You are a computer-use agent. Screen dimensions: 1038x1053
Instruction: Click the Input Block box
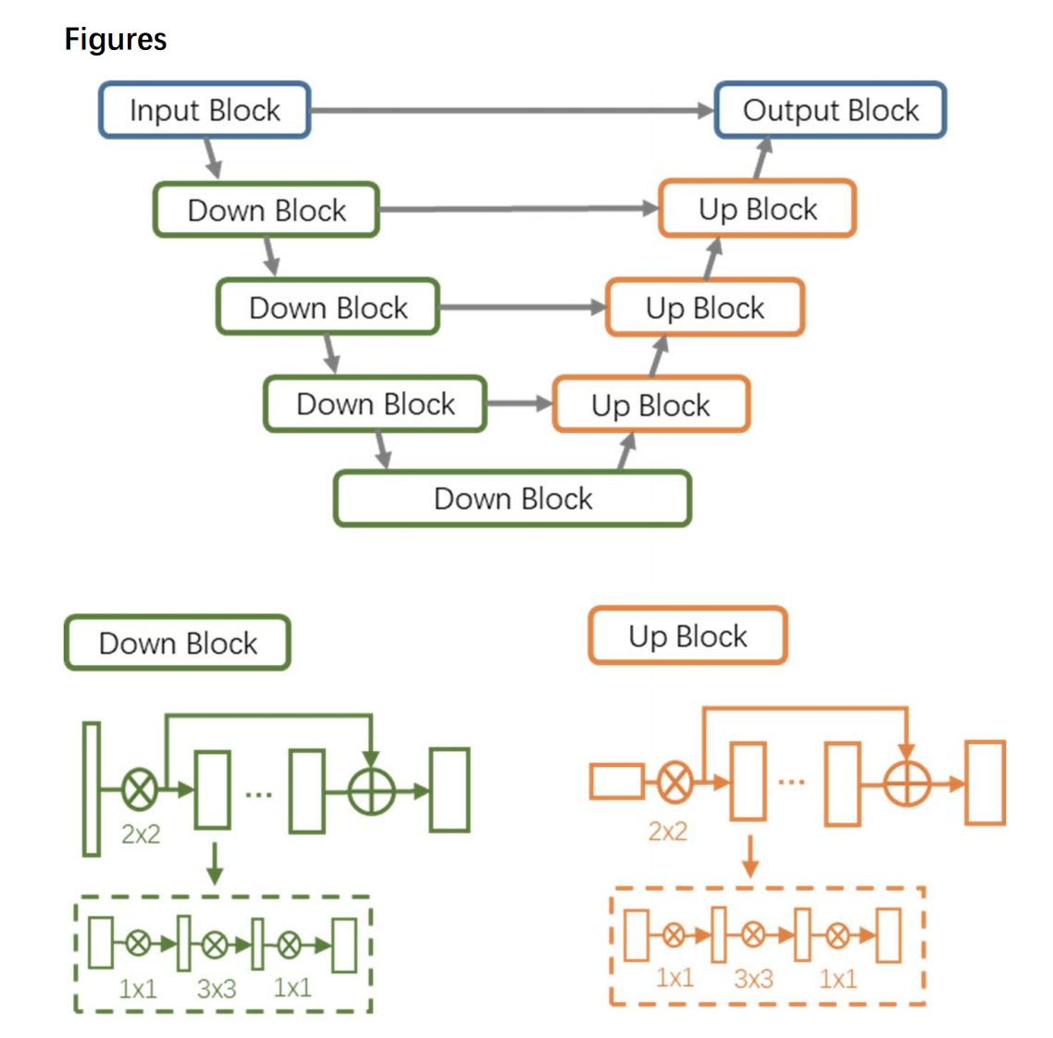coord(204,110)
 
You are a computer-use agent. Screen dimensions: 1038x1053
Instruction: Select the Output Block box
coord(830,110)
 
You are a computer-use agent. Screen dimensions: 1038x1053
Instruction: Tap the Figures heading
coord(116,39)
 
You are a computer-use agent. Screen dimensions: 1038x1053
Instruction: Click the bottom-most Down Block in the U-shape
coord(513,499)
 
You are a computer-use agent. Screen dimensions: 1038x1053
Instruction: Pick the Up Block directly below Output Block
coord(757,209)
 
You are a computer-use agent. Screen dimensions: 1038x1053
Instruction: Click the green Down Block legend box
coord(178,643)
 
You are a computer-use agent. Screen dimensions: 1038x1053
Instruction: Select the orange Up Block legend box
coord(688,636)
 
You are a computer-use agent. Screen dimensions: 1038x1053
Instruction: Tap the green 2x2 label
coord(141,834)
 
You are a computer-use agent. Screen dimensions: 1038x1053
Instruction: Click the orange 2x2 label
coord(667,831)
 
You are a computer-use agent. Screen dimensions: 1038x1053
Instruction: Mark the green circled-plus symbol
coord(371,791)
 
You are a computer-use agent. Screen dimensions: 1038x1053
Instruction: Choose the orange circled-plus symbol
coord(907,784)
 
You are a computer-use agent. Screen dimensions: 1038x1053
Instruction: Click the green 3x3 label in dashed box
coord(217,989)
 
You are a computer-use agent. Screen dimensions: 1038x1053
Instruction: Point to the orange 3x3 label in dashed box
coord(753,979)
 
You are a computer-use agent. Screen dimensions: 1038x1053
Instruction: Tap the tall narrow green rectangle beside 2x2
coord(92,789)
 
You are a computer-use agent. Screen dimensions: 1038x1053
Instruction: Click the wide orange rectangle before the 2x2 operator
coord(617,782)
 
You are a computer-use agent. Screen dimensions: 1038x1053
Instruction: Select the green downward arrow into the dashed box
coord(215,863)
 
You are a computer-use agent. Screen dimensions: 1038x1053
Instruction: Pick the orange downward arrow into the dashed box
coord(750,857)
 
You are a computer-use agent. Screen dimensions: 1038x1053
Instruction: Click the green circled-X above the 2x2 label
coord(140,790)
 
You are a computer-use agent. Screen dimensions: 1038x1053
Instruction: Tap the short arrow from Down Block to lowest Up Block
coord(518,403)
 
